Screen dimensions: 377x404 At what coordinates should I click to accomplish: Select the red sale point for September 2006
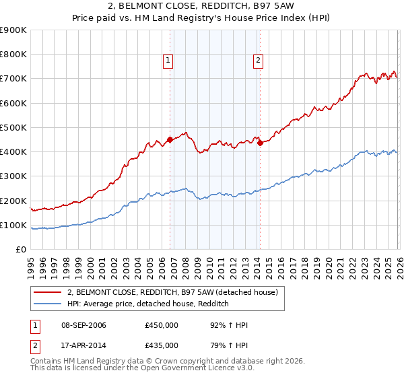(x=170, y=140)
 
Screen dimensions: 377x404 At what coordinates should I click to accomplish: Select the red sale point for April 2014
(x=260, y=143)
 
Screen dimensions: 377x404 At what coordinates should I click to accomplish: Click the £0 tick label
(x=20, y=250)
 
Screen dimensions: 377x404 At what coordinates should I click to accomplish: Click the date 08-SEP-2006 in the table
(x=83, y=326)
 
